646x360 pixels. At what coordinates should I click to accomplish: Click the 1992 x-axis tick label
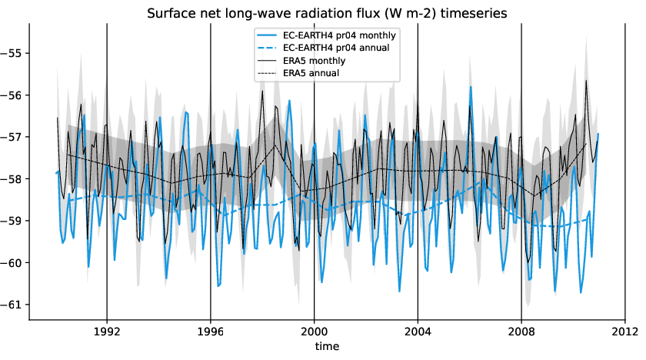pos(107,332)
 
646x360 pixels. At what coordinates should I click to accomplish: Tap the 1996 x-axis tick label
pos(211,332)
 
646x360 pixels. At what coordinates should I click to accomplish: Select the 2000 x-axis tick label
pos(315,332)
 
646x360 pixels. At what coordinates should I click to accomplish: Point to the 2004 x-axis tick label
pos(418,332)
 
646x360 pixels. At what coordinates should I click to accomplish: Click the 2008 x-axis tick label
pos(521,332)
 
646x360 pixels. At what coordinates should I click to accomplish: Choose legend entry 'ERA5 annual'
pos(311,72)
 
